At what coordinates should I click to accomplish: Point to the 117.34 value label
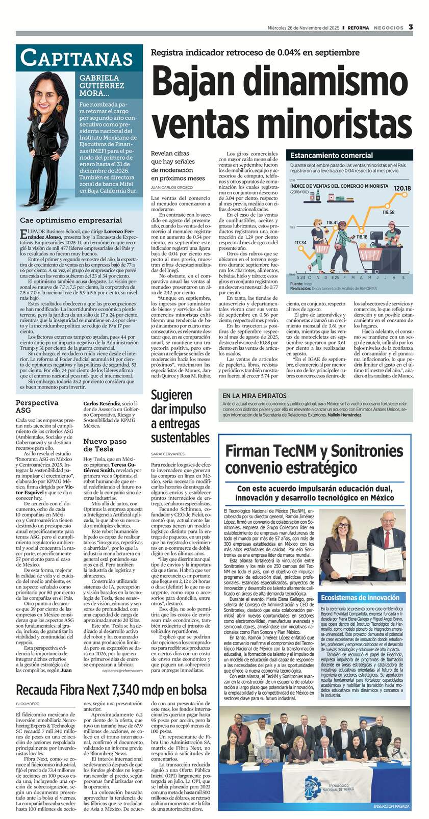click(300, 242)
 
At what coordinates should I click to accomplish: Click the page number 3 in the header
click(411, 27)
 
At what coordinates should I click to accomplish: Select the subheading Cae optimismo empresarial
click(71, 220)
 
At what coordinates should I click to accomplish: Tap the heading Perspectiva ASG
click(37, 406)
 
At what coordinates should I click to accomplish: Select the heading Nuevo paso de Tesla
click(105, 445)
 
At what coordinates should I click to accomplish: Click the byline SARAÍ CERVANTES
click(168, 453)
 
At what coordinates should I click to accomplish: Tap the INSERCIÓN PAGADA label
click(391, 806)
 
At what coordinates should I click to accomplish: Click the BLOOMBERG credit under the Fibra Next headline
click(28, 704)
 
